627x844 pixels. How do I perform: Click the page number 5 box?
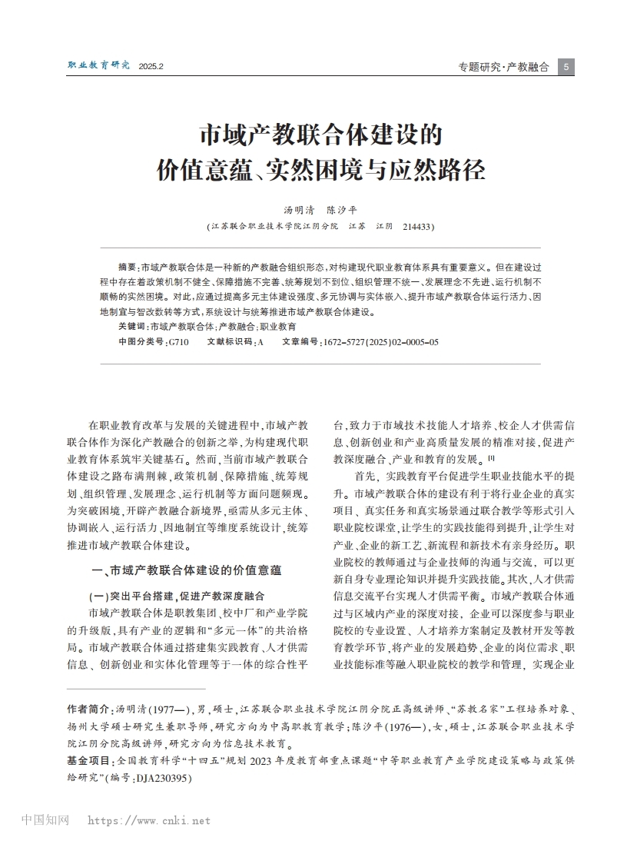coord(566,67)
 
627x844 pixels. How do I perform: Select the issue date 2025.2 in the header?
coord(151,67)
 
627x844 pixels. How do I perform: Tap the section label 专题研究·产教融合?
coord(503,67)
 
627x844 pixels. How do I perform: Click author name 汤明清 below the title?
coord(300,209)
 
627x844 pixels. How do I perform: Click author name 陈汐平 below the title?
coord(341,209)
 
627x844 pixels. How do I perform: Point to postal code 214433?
coord(419,227)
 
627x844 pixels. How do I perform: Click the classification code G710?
coord(177,340)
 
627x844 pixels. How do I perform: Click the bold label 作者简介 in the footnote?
coord(88,709)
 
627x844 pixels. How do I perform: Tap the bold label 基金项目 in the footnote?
coord(88,759)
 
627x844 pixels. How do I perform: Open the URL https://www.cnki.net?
coord(148,821)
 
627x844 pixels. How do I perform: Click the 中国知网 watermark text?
coord(46,820)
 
